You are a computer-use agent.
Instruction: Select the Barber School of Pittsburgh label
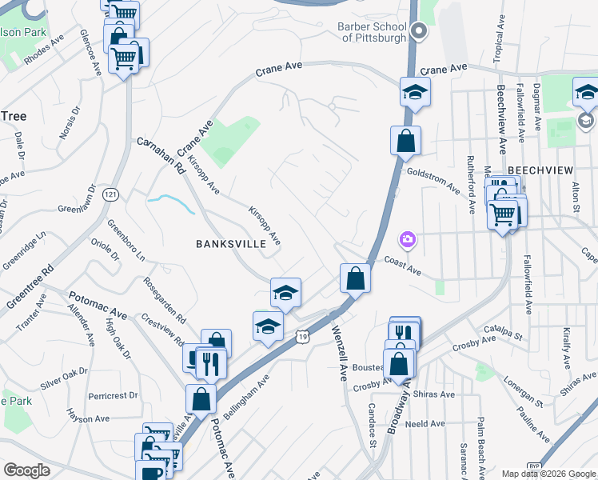(373, 33)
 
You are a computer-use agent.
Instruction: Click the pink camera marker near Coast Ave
(408, 239)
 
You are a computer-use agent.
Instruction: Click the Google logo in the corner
(26, 470)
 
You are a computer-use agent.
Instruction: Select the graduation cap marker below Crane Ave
(415, 91)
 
